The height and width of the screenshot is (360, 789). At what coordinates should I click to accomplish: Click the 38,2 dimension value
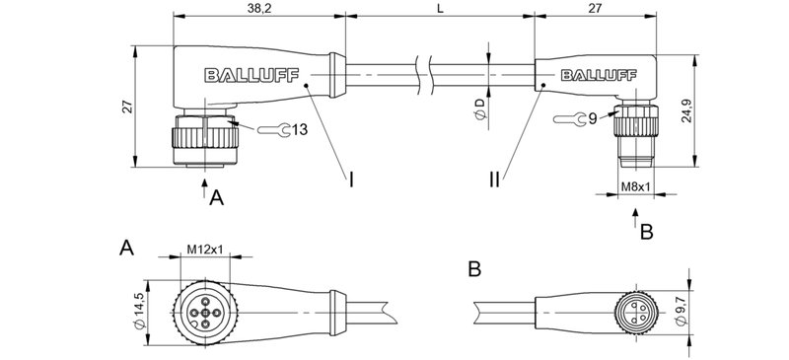[x=258, y=7]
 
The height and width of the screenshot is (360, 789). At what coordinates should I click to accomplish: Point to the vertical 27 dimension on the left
[x=127, y=108]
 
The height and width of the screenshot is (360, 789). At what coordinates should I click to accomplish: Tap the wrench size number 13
[x=300, y=129]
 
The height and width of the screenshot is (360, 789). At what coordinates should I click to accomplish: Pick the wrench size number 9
[x=592, y=119]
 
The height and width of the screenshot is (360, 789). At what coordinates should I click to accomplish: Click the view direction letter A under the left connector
[x=218, y=198]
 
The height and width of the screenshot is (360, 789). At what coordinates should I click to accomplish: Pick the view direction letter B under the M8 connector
[x=647, y=233]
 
